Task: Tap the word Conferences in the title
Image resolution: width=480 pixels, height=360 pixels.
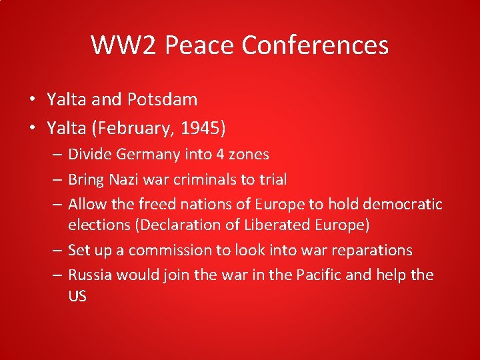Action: pos(315,45)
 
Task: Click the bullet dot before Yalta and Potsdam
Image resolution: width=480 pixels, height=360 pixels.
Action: pos(32,100)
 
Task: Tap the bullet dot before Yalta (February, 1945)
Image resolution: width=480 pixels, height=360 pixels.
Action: pos(32,125)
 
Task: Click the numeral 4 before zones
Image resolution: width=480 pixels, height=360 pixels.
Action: pos(219,155)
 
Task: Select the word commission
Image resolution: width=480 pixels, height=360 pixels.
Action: pos(168,250)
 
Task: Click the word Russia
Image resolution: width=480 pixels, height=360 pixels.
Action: pos(89,275)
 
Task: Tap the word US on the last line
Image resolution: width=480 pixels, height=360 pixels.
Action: pos(77,296)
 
